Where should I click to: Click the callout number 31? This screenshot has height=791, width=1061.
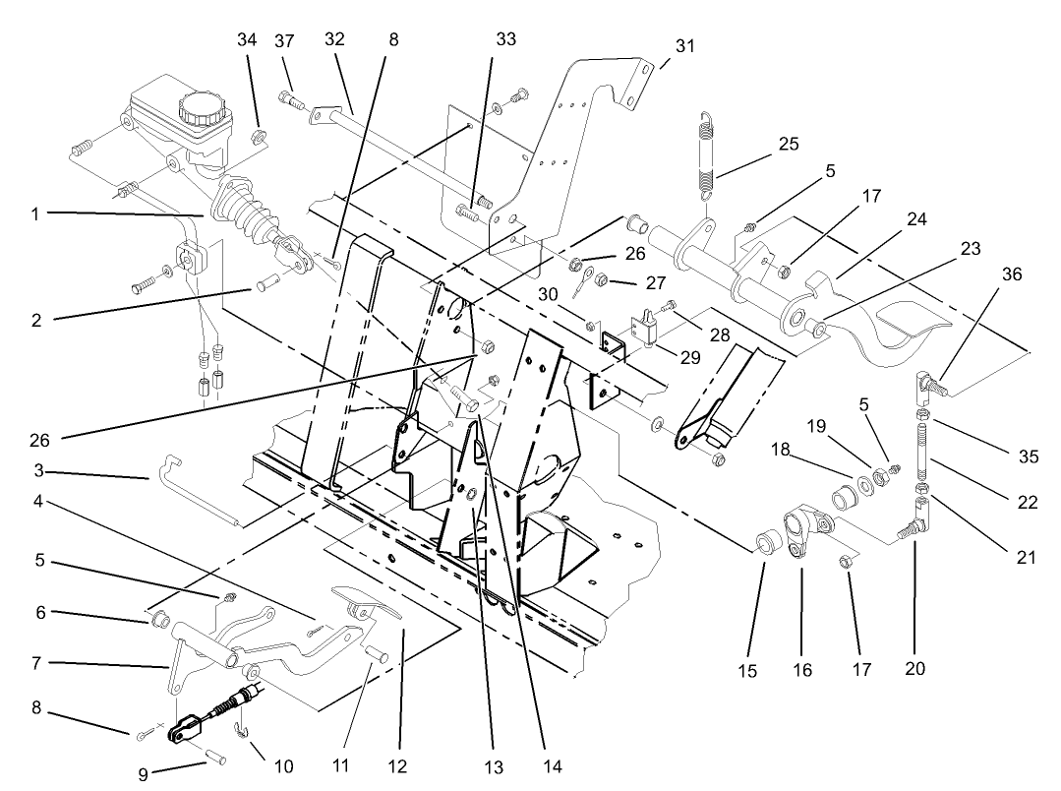point(684,45)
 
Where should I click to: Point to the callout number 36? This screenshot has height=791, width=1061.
point(1010,276)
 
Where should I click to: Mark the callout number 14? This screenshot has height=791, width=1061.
point(543,766)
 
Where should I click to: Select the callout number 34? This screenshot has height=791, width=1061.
point(247,39)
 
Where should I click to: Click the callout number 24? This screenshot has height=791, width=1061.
point(916,221)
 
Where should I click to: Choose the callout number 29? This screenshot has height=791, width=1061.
point(690,356)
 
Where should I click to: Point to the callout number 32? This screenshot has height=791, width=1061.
point(335,39)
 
